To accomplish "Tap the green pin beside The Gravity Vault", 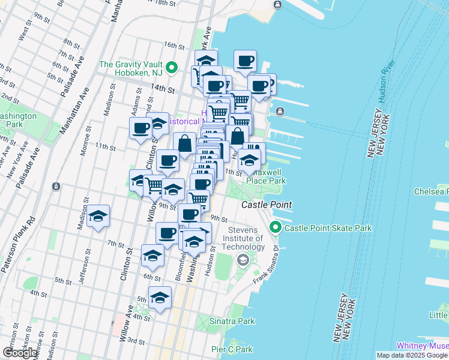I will (171, 67).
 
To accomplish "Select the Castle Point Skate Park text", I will (328, 228).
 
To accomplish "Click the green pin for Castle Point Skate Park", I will (276, 227).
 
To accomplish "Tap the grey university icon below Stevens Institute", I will (243, 260).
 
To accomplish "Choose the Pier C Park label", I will (232, 349).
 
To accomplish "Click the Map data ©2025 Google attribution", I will (412, 355).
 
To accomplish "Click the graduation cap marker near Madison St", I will (98, 217).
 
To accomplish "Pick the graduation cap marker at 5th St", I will (160, 297).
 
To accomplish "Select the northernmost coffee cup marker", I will (245, 61).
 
